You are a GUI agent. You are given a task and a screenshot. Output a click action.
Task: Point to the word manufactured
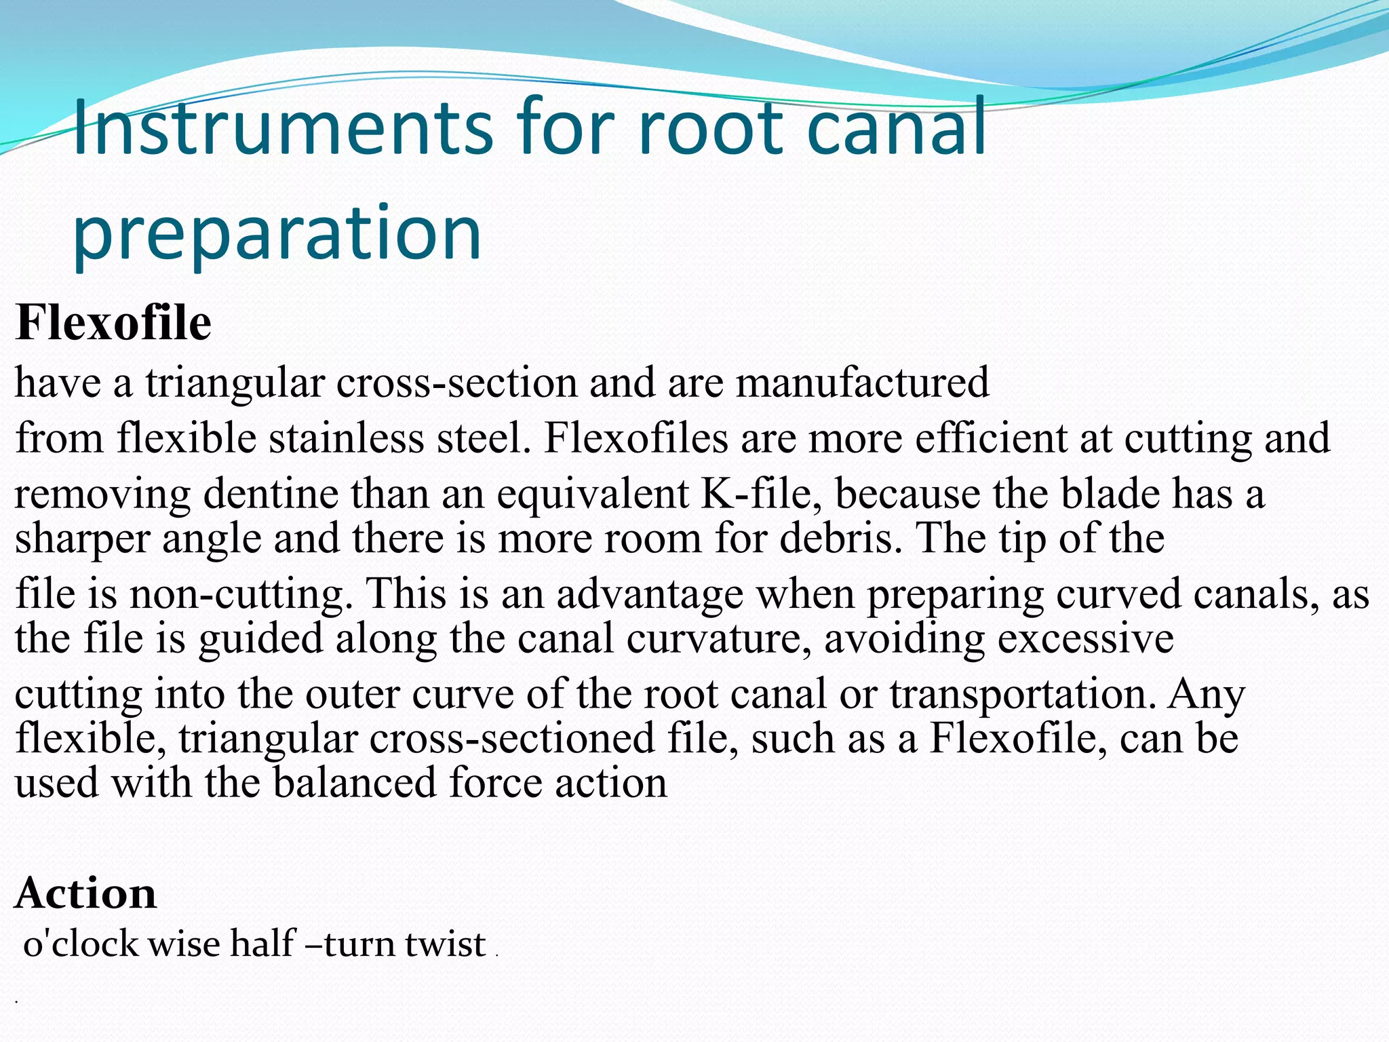click(x=863, y=382)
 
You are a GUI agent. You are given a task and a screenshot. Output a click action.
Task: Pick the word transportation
click(x=1023, y=694)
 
